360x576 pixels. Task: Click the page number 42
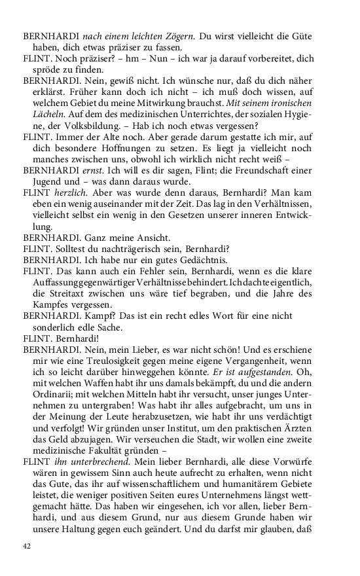[27, 547]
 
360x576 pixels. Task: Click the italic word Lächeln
[48, 117]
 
